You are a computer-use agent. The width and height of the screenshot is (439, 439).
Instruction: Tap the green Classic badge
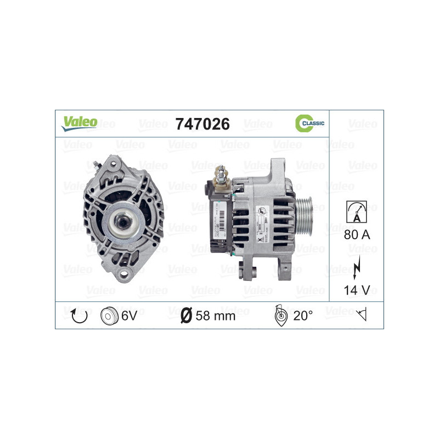point(309,123)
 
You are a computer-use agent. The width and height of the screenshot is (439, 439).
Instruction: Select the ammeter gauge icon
point(356,211)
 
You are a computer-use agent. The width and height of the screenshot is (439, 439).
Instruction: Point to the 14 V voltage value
point(357,290)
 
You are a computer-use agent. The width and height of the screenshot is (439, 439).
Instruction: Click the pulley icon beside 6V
point(110,316)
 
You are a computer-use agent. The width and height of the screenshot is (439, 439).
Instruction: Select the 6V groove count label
point(129,316)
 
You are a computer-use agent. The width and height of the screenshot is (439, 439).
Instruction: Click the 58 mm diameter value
point(216,316)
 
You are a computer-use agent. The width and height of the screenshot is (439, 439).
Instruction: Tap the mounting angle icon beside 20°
point(280,316)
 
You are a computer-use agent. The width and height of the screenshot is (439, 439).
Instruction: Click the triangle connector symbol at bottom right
point(361,315)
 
